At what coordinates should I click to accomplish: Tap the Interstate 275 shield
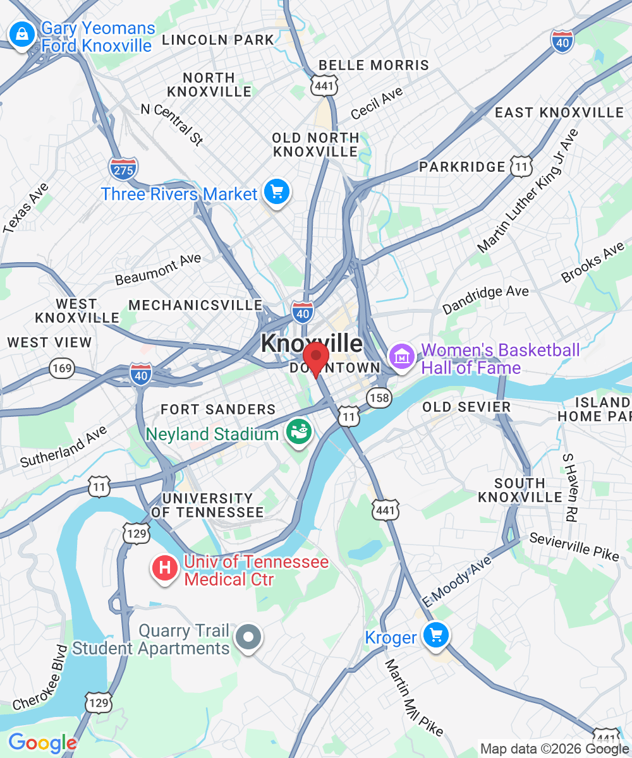pos(123,168)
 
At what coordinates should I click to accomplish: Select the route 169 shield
pos(63,368)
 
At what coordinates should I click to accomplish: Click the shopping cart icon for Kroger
pos(436,635)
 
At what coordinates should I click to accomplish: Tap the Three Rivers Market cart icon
pos(276,192)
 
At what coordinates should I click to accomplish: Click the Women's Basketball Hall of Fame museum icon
pos(401,357)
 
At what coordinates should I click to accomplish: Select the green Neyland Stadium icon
pos(298,433)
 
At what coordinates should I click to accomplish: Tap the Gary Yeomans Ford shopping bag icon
pos(22,35)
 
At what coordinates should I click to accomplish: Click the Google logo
pos(42,743)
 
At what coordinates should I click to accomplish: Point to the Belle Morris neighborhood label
pos(374,65)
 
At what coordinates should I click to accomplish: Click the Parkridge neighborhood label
pos(463,167)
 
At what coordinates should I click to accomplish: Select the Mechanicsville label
pos(195,305)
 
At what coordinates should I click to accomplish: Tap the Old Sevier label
pos(466,407)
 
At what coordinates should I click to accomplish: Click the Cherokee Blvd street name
pos(40,678)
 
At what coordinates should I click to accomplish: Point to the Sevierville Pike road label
pos(574,546)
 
